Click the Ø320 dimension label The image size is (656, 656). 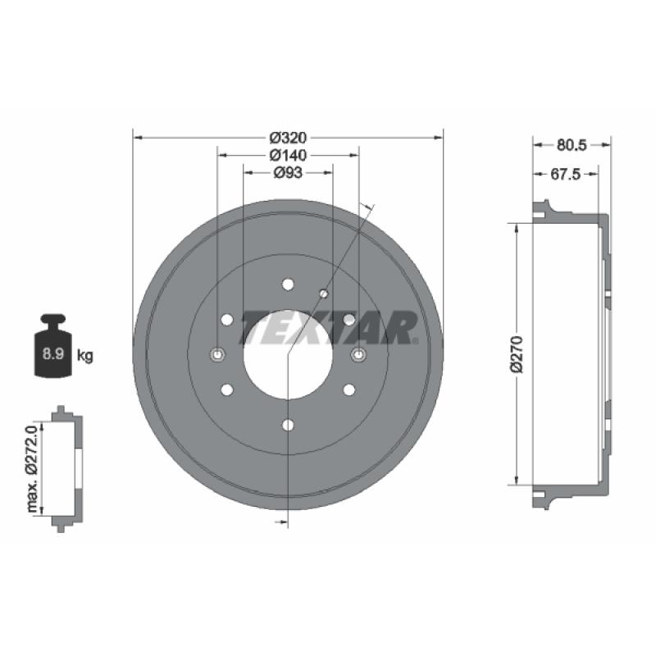pyautogui.click(x=288, y=137)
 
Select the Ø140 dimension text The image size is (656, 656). pyautogui.click(x=288, y=155)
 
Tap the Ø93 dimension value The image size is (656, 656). pyautogui.click(x=288, y=172)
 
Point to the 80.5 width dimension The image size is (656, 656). pyautogui.click(x=572, y=145)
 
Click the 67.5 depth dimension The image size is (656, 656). pyautogui.click(x=566, y=174)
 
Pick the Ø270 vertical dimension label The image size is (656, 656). pyautogui.click(x=517, y=354)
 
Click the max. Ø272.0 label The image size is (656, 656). pyautogui.click(x=33, y=468)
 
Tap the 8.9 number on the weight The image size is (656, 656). pyautogui.click(x=53, y=354)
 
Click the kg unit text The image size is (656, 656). pyautogui.click(x=85, y=356)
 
